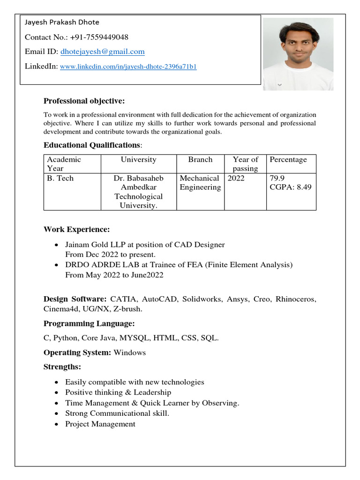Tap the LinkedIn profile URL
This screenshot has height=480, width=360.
tap(128, 67)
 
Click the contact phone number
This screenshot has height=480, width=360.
tap(99, 37)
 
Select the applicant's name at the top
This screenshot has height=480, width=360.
tap(62, 22)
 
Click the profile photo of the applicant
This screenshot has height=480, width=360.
tap(298, 54)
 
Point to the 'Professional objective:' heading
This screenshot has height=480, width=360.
tap(84, 101)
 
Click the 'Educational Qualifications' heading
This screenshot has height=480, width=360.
tap(92, 145)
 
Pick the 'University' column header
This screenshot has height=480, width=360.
tap(138, 159)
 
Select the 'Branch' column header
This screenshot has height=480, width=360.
tap(200, 159)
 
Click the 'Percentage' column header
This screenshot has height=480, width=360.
tap(288, 159)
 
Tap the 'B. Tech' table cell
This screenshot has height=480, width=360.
tap(60, 179)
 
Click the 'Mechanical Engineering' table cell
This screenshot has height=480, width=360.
tap(200, 183)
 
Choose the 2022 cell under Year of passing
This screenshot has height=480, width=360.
tap(236, 179)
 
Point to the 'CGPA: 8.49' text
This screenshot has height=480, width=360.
tap(291, 187)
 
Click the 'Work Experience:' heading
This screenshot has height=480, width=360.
tap(77, 230)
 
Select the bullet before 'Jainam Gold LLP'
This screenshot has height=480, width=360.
tap(57, 245)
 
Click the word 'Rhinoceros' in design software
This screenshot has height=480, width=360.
tap(295, 299)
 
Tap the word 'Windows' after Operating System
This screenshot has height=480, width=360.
tap(129, 352)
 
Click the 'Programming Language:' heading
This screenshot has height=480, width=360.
tap(89, 323)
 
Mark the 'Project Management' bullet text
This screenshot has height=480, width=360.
tap(100, 424)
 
